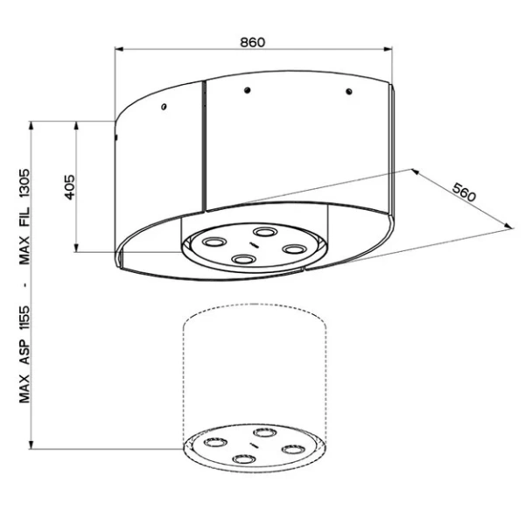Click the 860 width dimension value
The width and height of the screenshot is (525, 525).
pyautogui.click(x=253, y=43)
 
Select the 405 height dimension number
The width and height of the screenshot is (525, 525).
pyautogui.click(x=70, y=187)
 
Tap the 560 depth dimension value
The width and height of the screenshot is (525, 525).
pyautogui.click(x=464, y=192)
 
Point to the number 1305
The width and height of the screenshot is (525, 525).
pyautogui.click(x=24, y=184)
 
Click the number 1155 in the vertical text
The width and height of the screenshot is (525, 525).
pyautogui.click(x=24, y=318)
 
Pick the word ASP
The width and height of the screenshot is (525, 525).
pyautogui.click(x=24, y=353)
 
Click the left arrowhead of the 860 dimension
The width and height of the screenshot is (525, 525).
pyautogui.click(x=119, y=49)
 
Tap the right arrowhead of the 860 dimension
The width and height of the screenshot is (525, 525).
pyautogui.click(x=388, y=49)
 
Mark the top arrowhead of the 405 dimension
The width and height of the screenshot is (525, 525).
pyautogui.click(x=76, y=126)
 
